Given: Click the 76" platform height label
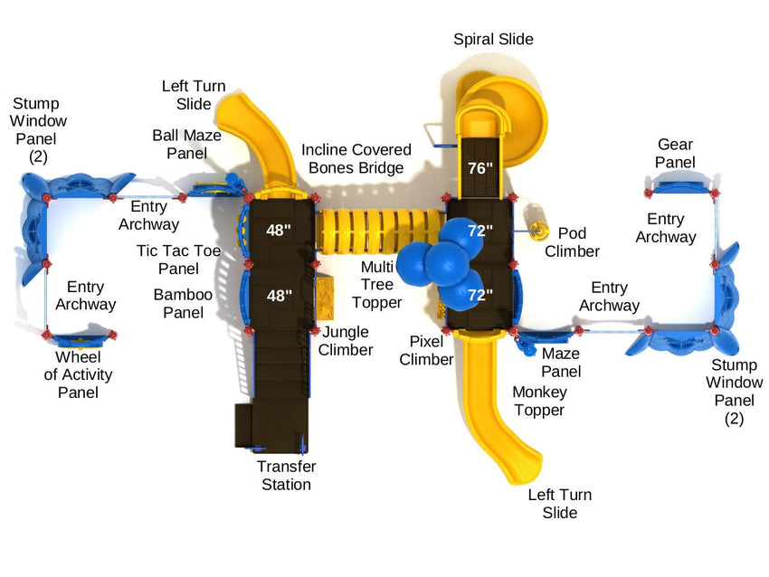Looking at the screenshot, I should click(480, 167).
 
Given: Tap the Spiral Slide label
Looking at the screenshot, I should click(493, 39).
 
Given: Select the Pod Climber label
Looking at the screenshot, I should click(572, 241).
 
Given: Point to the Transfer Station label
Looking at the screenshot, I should click(286, 475).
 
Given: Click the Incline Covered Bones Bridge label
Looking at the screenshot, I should click(356, 158).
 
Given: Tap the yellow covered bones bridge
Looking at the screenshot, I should click(380, 231).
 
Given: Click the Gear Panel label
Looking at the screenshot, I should click(675, 153).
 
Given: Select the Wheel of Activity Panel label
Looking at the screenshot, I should click(78, 374).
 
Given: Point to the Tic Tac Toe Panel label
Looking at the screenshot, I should click(178, 260).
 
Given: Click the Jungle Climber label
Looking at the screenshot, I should click(346, 341).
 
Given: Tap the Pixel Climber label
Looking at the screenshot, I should click(426, 350).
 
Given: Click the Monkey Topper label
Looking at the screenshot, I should click(538, 401).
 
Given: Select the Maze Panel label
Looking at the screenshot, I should click(561, 362).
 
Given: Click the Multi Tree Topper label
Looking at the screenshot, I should click(376, 284).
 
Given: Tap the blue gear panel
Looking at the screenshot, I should click(679, 186).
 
